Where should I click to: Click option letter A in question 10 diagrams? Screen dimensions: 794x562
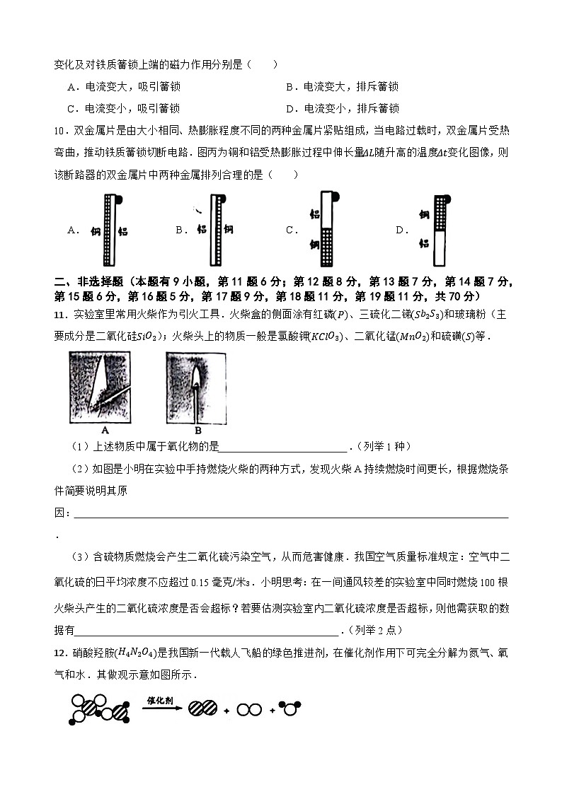[x=71, y=230]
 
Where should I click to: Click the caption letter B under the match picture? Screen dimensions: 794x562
[x=197, y=429]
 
